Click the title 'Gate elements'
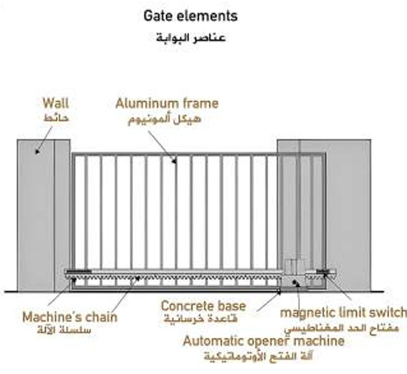190,16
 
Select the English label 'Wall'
55,104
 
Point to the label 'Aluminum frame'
167,104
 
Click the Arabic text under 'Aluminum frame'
167,120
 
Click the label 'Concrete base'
203,306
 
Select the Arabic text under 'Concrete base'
203,319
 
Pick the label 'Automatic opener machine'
263,341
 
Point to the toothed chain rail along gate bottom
176,277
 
